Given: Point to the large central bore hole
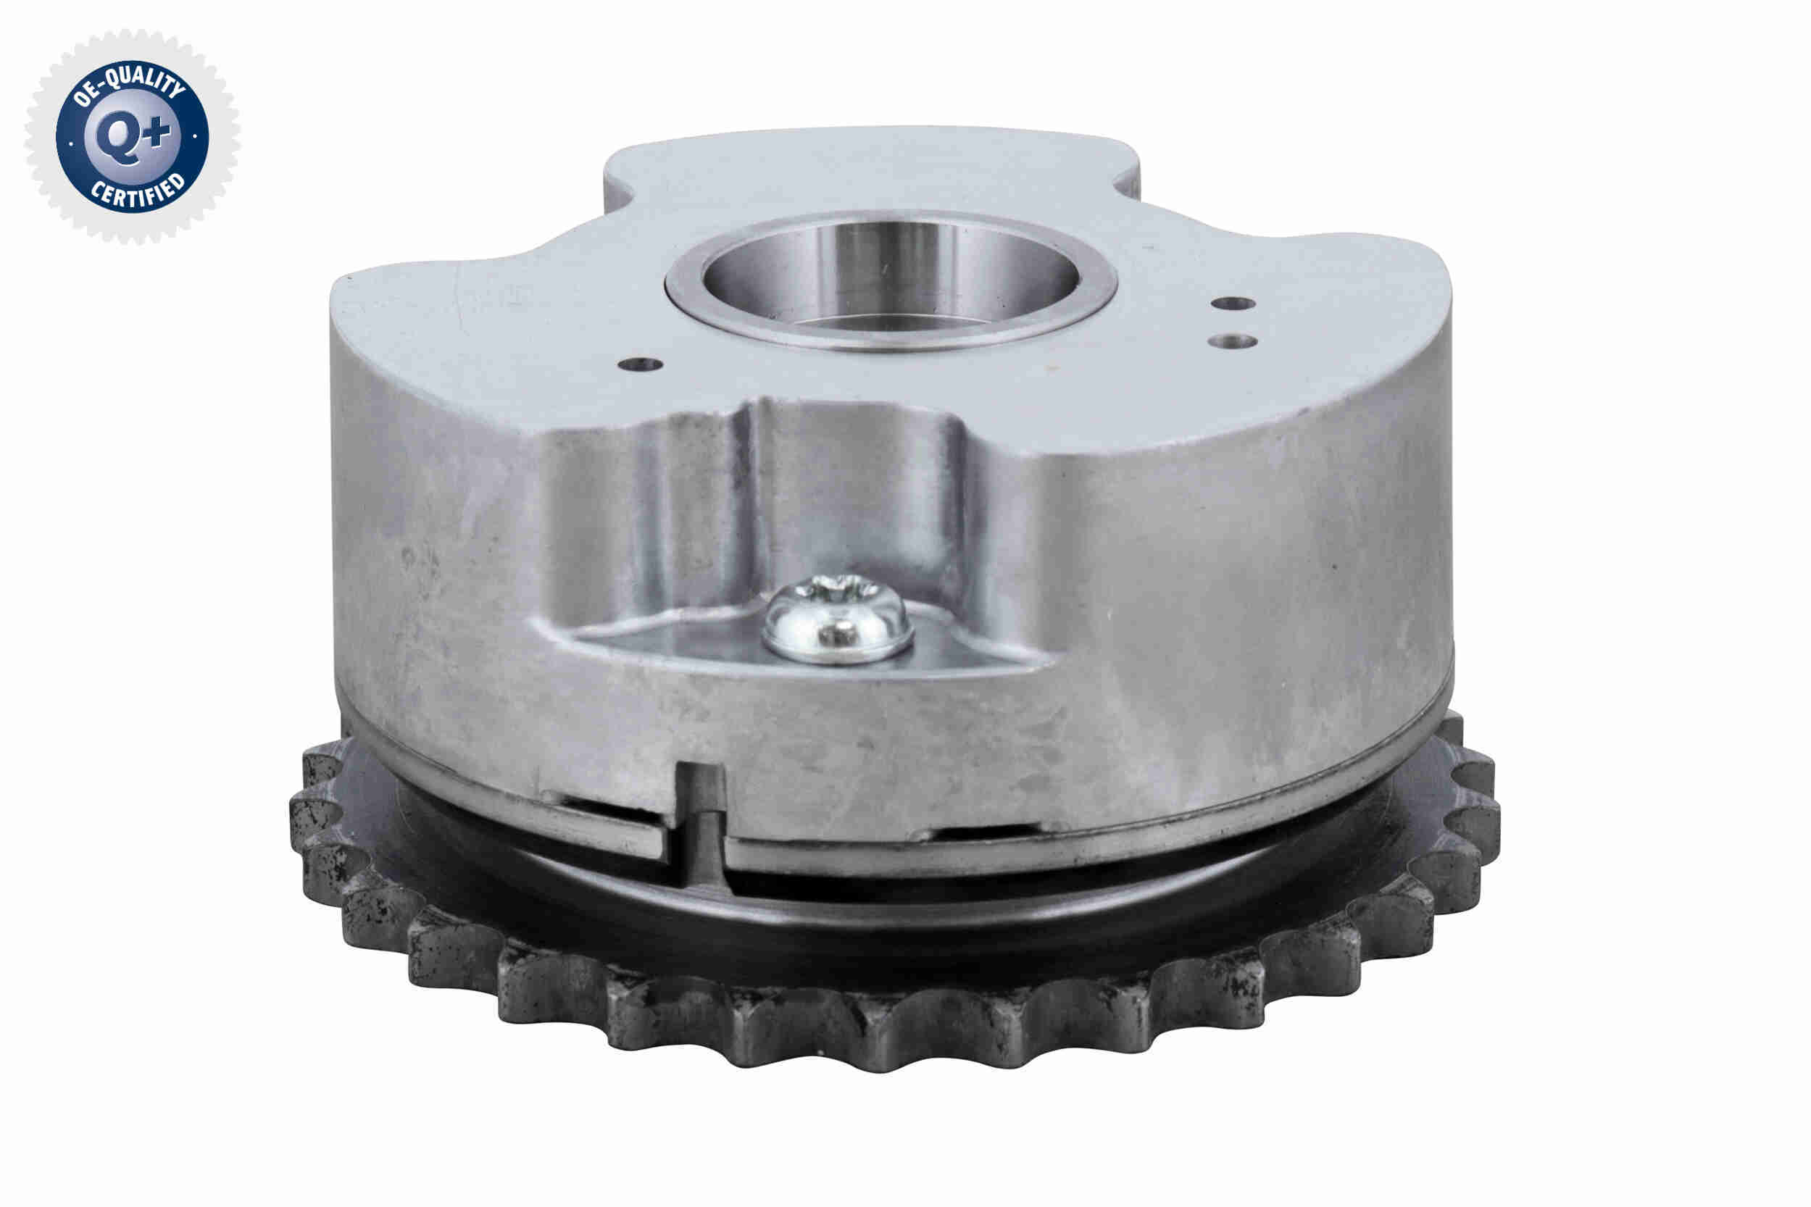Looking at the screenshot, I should [x=891, y=277].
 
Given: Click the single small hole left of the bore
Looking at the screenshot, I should [x=641, y=364].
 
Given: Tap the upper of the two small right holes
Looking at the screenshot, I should [x=1233, y=304].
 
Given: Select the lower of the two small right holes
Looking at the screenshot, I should [x=1233, y=341].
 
